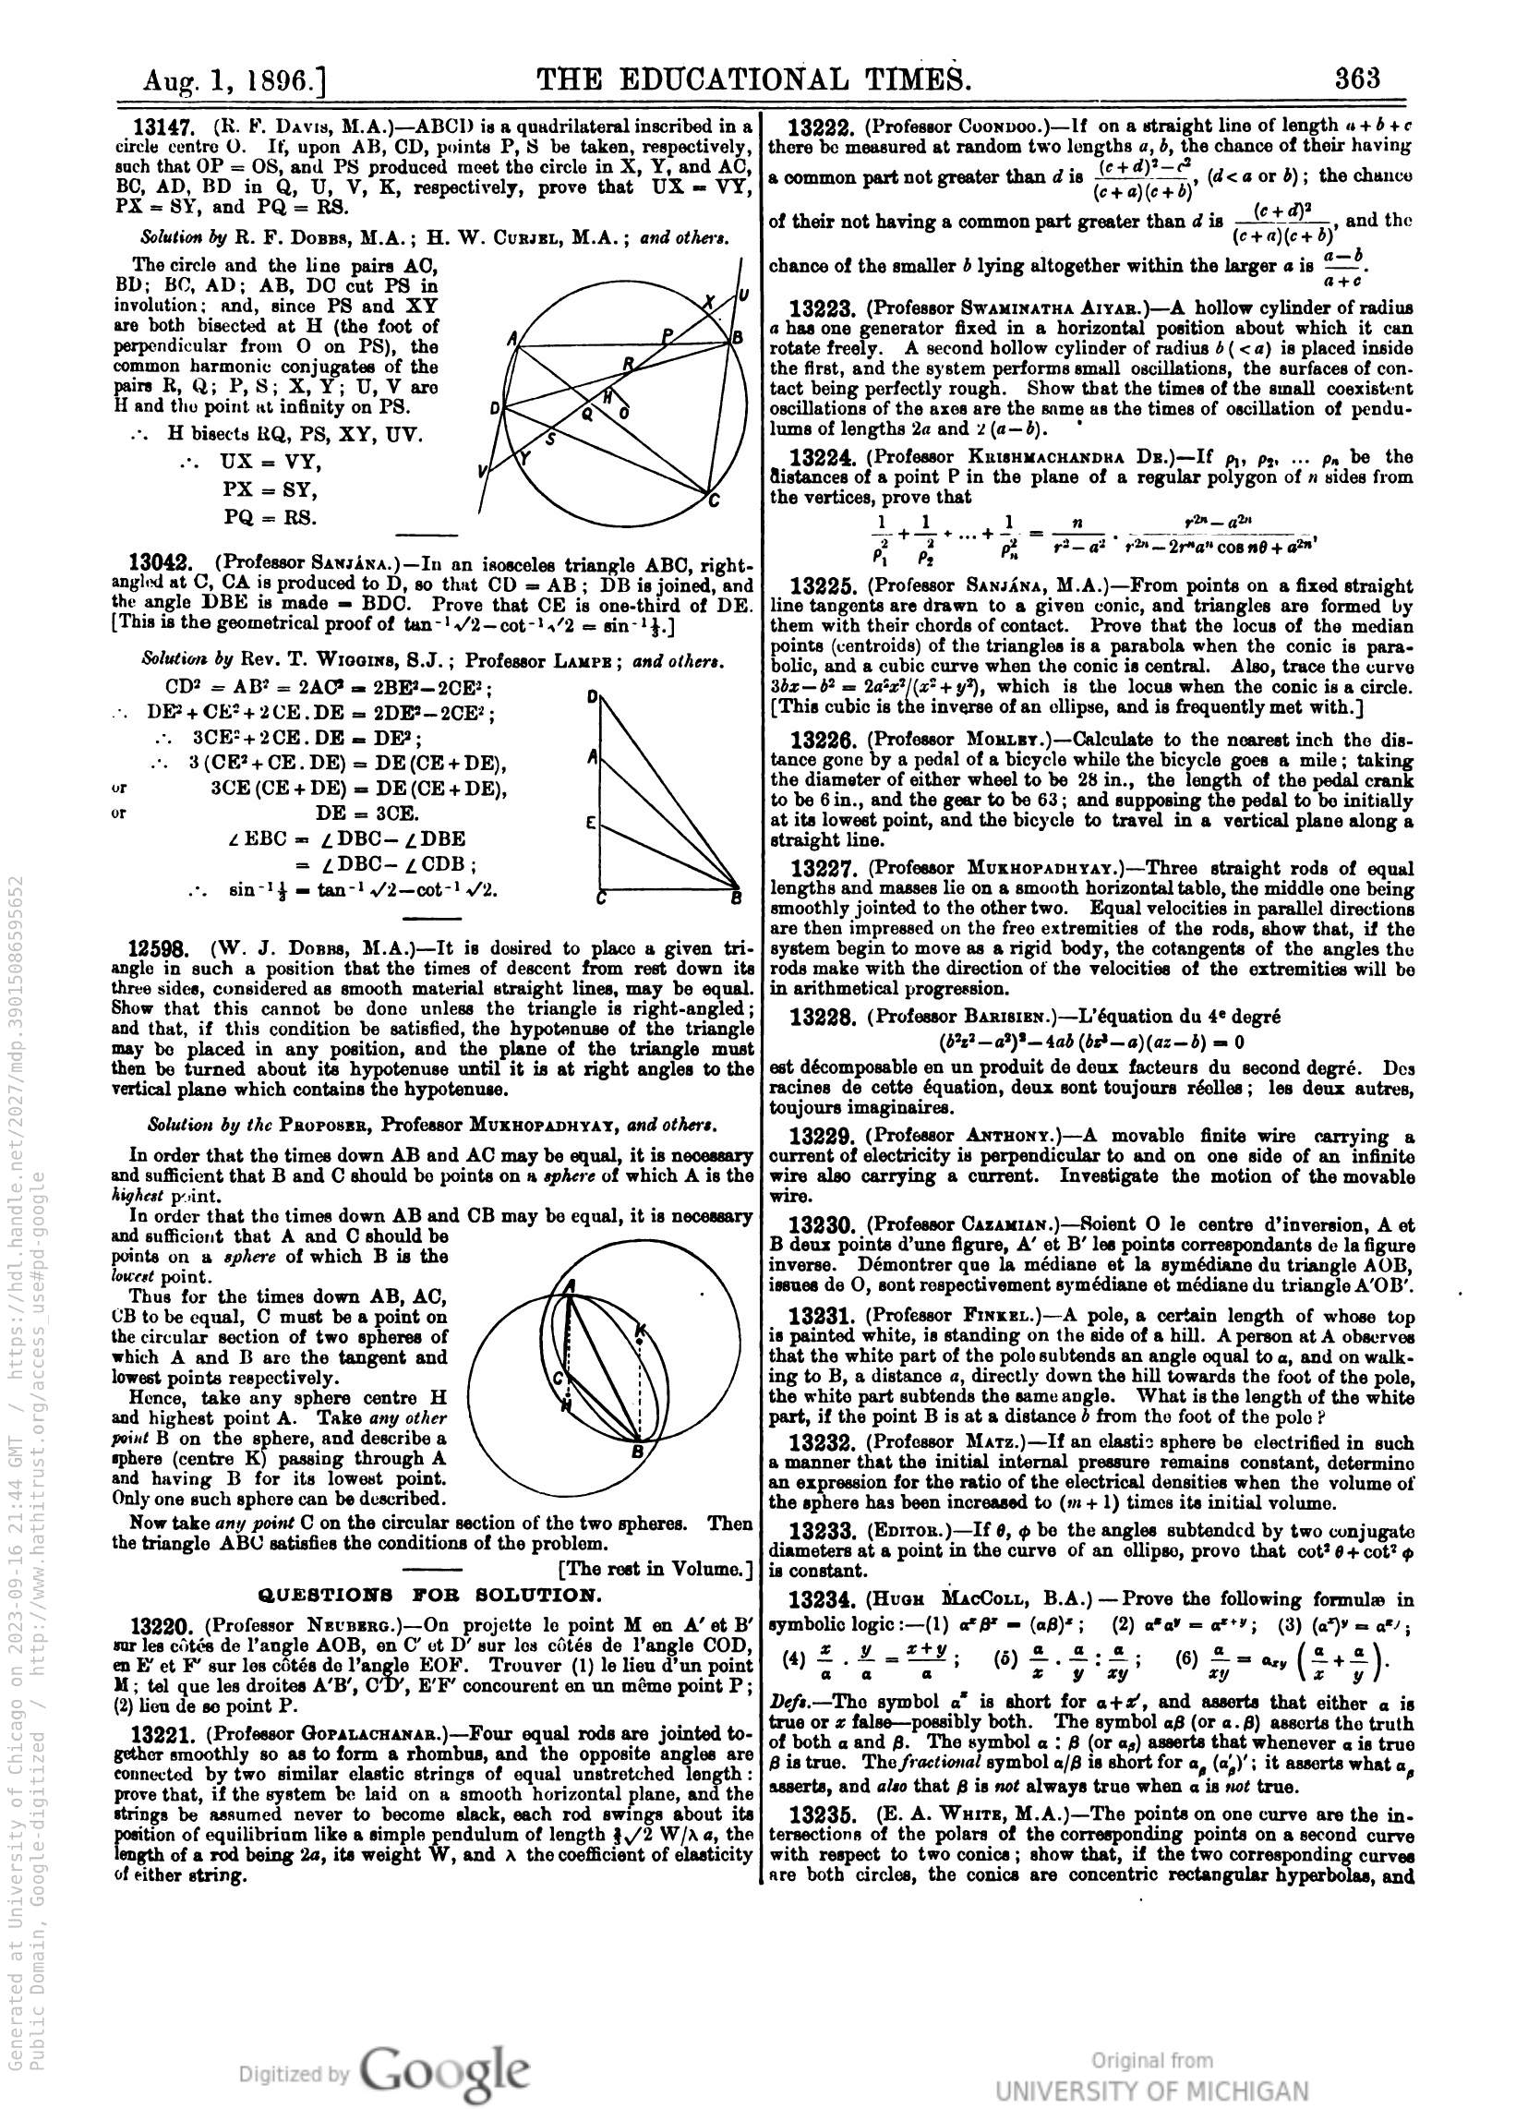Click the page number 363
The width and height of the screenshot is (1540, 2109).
coord(1356,78)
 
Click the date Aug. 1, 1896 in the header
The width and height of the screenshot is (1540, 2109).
coord(233,81)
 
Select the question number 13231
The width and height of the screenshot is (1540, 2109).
coord(822,1317)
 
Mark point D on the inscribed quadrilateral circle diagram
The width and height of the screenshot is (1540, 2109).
coord(494,408)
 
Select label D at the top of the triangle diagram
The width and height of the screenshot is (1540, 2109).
coord(592,696)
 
